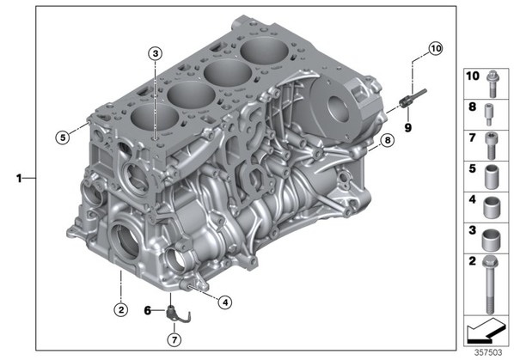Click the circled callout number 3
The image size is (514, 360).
(x=156, y=53)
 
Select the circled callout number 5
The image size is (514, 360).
(x=63, y=137)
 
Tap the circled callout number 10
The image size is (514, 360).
(x=436, y=49)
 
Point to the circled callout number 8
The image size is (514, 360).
(x=388, y=141)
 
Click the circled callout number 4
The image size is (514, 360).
(x=225, y=302)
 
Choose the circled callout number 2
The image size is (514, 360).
(x=121, y=309)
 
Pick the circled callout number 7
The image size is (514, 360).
(x=174, y=339)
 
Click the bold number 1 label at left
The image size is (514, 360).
(x=19, y=179)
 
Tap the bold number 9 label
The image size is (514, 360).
(x=407, y=128)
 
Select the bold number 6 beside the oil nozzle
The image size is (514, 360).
(x=148, y=310)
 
